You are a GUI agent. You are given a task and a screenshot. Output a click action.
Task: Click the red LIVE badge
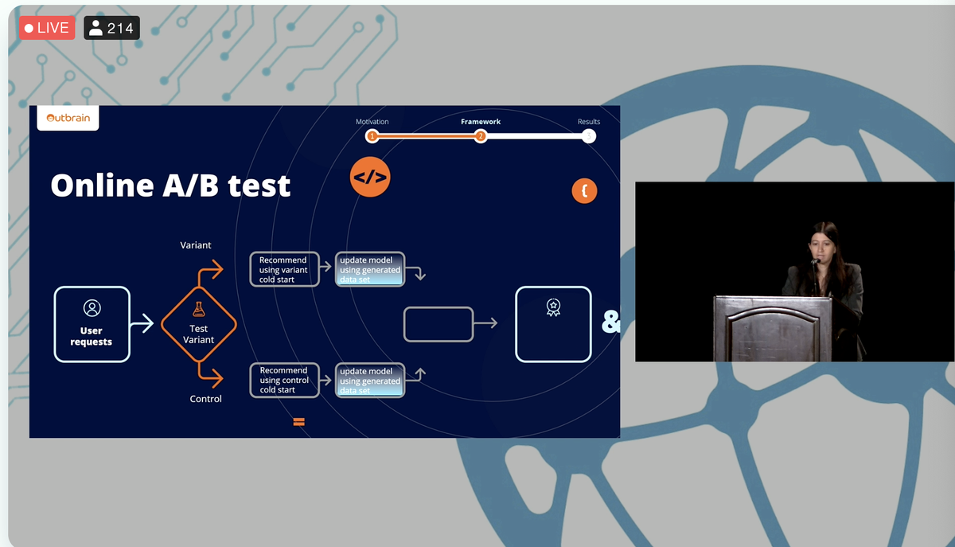point(47,28)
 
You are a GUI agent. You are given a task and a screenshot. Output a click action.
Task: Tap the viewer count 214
point(111,28)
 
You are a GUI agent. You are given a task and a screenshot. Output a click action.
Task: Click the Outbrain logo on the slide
point(68,118)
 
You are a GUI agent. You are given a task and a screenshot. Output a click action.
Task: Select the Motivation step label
point(372,122)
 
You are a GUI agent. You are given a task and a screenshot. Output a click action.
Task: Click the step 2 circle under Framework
point(481,136)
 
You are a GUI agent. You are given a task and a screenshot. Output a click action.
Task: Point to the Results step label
point(589,122)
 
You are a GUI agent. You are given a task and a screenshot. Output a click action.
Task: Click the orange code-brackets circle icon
point(370,177)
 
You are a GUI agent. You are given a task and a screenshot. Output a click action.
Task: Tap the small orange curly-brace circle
point(584,191)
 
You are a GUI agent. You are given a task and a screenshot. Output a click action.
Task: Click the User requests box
point(92,324)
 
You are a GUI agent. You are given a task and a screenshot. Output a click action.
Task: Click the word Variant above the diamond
point(196,245)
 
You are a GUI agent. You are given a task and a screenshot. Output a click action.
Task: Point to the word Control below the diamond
point(205,399)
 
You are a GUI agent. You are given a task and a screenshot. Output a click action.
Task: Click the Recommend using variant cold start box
point(284,269)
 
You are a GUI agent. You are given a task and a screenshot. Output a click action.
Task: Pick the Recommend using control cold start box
point(284,380)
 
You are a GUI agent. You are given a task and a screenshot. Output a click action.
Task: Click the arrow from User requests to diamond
point(142,323)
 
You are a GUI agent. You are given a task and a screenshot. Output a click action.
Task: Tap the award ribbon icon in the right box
point(553,307)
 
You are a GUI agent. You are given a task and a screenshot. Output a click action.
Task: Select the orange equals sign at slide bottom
point(299,422)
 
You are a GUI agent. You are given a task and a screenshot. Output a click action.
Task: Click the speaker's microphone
point(815,261)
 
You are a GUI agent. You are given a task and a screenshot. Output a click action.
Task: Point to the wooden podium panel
point(773,329)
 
